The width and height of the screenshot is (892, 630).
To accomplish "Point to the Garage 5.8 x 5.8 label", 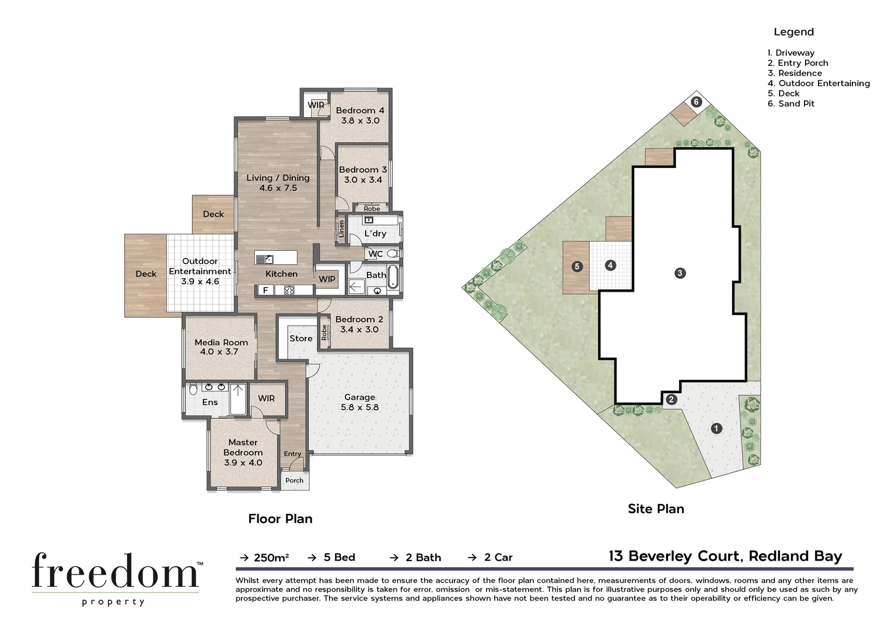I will click(359, 402).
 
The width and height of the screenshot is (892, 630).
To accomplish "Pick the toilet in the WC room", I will click(392, 254).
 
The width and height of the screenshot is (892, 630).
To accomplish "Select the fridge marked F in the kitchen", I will click(265, 290).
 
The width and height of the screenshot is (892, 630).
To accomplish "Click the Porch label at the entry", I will click(294, 481).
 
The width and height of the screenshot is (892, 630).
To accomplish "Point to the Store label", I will click(300, 338).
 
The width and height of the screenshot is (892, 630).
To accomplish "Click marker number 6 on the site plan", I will click(696, 102).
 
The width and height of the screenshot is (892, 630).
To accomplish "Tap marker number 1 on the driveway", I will click(716, 429).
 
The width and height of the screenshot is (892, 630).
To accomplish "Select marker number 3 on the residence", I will click(680, 273).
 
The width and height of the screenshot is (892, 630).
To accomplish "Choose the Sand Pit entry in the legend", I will click(791, 104).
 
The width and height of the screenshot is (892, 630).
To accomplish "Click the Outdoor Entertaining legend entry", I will click(818, 83).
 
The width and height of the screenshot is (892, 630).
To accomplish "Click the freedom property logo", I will click(115, 577).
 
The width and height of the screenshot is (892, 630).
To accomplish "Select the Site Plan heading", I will click(656, 509).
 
